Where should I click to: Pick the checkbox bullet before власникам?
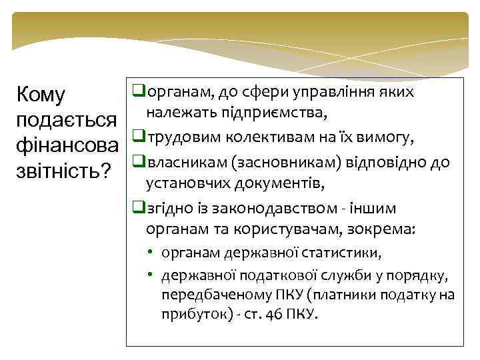point(138,161)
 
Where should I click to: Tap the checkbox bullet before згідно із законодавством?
point(138,207)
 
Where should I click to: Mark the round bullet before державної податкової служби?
point(152,275)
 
